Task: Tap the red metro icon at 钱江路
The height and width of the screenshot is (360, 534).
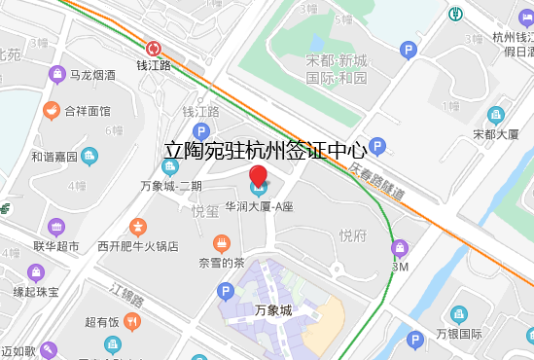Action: tap(154, 49)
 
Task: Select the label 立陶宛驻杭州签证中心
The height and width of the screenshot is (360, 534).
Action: tap(265, 151)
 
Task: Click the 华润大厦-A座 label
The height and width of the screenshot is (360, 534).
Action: tap(259, 207)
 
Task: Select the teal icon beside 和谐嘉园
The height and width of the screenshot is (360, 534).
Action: tap(90, 156)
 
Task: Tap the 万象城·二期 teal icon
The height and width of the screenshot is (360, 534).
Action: tap(170, 165)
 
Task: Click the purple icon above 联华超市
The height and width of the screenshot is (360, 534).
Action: tap(57, 227)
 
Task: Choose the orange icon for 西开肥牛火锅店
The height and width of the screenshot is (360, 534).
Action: tap(138, 227)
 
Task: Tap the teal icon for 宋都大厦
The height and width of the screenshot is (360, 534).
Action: tap(495, 115)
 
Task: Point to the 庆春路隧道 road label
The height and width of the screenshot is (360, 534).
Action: tap(375, 182)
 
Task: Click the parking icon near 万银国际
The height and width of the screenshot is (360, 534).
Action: tap(416, 340)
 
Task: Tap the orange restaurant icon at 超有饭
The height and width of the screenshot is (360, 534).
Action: tap(133, 321)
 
